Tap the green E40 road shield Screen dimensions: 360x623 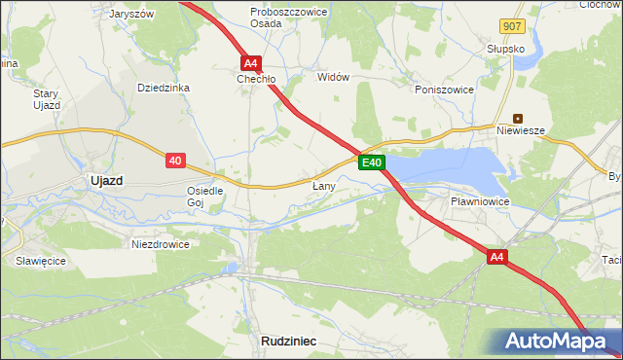pyautogui.click(x=371, y=162)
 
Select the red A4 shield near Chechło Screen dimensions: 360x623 pyautogui.click(x=250, y=61)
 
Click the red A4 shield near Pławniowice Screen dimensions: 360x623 pyautogui.click(x=497, y=257)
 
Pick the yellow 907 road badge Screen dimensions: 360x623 pyautogui.click(x=515, y=26)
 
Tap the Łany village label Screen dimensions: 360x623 pyautogui.click(x=324, y=185)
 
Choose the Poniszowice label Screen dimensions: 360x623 pyautogui.click(x=443, y=89)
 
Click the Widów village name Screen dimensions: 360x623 pyautogui.click(x=333, y=77)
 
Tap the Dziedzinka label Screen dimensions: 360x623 pyautogui.click(x=164, y=88)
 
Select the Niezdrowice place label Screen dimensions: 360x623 pyautogui.click(x=161, y=244)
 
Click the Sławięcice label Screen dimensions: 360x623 pyautogui.click(x=39, y=261)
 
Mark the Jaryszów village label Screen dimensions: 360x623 pyautogui.click(x=133, y=15)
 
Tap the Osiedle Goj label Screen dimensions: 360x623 pyautogui.click(x=205, y=197)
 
